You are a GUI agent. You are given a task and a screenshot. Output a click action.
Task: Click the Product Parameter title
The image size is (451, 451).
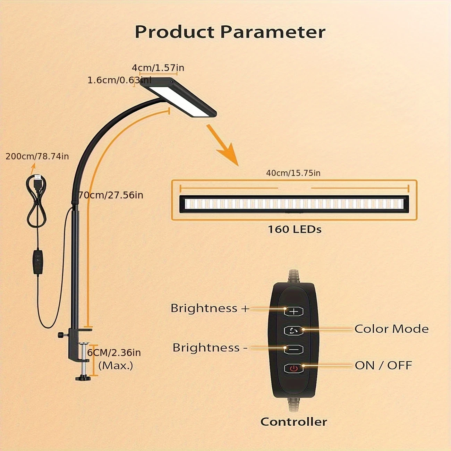point(230,32)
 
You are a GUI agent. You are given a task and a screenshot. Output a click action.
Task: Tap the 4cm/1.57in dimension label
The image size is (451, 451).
point(158,68)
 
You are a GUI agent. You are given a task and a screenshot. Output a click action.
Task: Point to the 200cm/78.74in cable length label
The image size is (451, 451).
point(37,156)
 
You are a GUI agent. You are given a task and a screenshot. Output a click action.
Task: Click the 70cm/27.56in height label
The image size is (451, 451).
point(111,195)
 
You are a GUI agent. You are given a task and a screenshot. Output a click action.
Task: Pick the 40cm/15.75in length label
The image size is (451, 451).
point(293,173)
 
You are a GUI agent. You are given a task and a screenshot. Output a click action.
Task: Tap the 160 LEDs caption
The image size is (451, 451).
point(295,229)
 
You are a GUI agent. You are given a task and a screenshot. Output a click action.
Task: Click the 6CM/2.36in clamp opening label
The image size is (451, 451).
point(114,353)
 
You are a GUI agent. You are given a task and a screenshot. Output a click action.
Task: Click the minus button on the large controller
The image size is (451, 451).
point(293,349)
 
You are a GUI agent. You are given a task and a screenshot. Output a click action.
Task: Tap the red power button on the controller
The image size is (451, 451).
point(293,368)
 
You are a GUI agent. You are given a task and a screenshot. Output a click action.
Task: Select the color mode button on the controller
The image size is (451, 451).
point(293,331)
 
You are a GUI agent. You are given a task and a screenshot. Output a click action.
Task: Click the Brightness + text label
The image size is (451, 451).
point(210,308)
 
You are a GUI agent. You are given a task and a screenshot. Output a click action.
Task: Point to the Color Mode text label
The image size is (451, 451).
point(391,329)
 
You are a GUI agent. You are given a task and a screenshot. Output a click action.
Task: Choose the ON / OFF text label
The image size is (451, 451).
point(383,365)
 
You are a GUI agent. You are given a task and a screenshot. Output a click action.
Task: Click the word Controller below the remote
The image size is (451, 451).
point(293,422)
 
